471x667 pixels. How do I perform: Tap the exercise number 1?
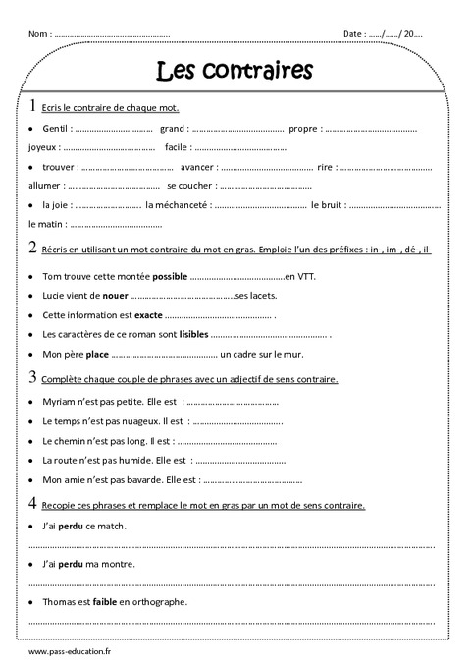32,106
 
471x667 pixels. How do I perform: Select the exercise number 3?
32,377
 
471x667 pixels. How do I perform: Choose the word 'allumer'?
45,185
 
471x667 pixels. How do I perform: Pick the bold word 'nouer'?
115,295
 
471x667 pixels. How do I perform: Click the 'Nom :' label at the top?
40,34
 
